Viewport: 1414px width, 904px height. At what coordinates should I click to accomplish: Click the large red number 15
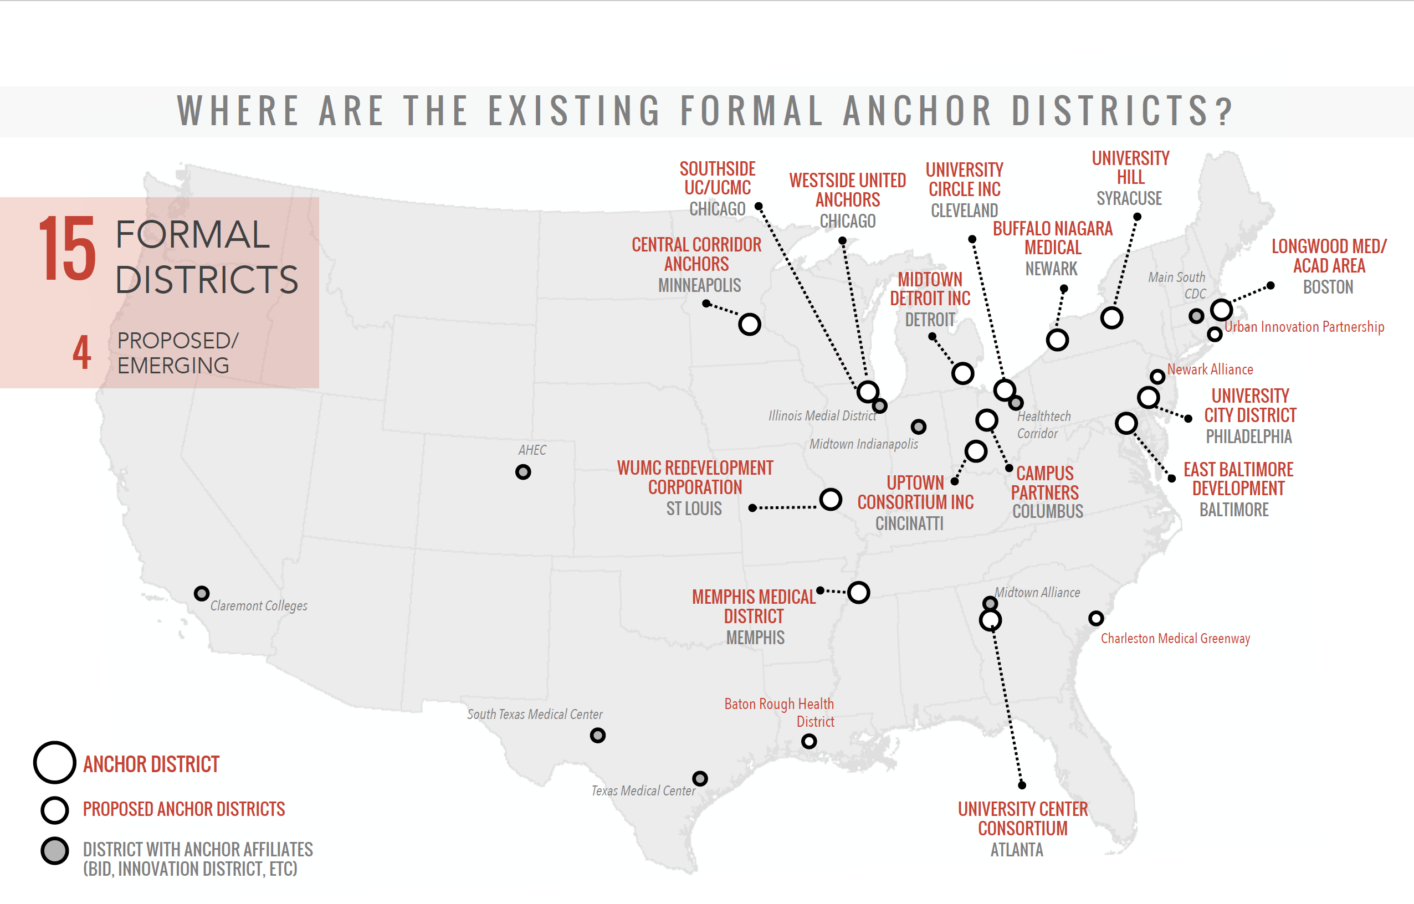coord(67,249)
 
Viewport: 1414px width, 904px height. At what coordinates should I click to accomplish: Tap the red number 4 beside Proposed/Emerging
coord(81,353)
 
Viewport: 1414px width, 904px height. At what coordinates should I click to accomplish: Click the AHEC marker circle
coord(522,472)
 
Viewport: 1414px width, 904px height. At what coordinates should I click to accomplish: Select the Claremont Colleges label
coord(258,606)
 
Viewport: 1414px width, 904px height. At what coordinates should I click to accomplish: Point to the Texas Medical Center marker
coord(699,778)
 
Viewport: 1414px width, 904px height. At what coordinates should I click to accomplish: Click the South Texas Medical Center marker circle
coord(597,735)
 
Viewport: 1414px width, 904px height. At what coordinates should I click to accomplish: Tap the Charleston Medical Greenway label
coord(1175,639)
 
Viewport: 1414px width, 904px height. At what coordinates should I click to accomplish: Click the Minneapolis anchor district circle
coord(749,324)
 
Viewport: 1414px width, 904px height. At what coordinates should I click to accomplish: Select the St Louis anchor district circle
coord(831,500)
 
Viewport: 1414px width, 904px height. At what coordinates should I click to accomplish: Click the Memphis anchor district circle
coord(858,592)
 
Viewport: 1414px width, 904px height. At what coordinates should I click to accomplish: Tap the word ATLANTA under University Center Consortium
coord(1017,850)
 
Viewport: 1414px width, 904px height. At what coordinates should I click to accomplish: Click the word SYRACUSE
coord(1129,198)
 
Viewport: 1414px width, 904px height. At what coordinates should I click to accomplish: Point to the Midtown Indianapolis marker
coord(919,427)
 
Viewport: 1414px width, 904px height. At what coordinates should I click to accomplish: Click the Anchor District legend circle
coord(55,763)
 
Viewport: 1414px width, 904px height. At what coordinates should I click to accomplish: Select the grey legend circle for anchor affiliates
coord(55,851)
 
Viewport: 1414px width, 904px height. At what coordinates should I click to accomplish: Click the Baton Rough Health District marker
coord(808,741)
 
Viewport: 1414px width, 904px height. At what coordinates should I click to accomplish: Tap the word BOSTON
coord(1328,287)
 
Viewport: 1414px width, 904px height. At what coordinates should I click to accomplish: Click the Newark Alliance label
coord(1210,370)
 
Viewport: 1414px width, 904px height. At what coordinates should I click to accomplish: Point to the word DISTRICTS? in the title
coord(1121,111)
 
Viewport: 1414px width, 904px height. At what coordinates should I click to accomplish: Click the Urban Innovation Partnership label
coord(1304,327)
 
